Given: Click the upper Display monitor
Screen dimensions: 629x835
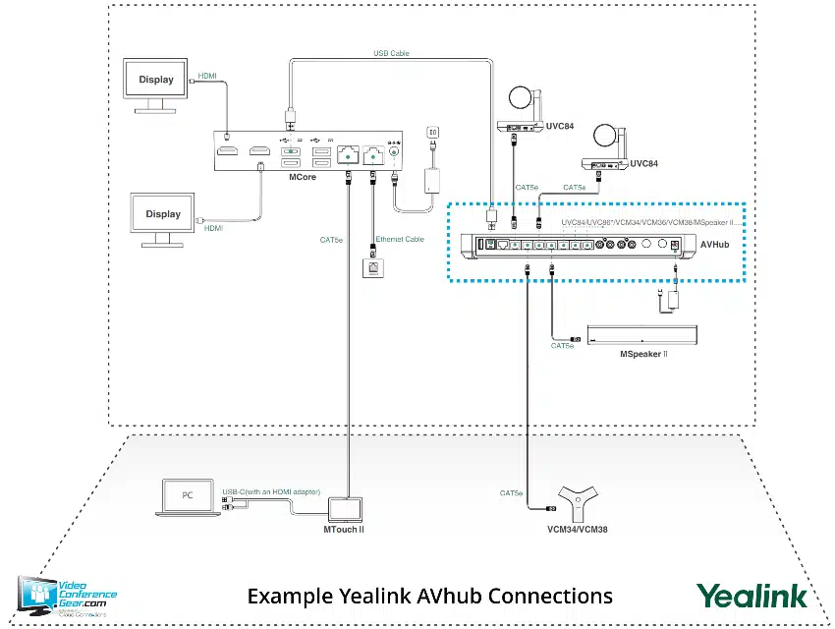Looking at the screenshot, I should [156, 80].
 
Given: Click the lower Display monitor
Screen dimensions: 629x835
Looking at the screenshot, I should [163, 214].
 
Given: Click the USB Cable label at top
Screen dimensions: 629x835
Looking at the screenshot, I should [391, 54].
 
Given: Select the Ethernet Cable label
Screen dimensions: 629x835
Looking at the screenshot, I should [399, 239].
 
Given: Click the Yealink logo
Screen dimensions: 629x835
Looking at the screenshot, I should [751, 596].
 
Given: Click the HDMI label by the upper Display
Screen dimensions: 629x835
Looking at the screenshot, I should [207, 75].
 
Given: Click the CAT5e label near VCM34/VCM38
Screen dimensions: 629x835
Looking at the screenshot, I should [511, 492].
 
